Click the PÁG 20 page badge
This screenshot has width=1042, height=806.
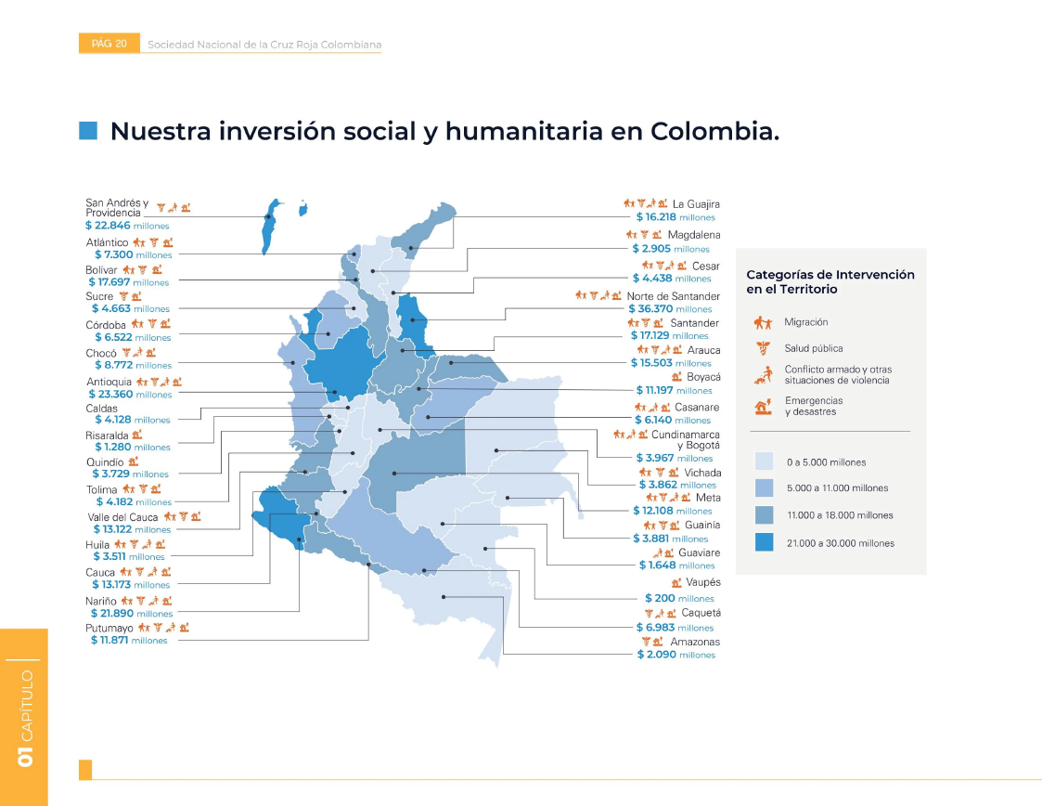[109, 44]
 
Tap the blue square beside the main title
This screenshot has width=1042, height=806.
[88, 131]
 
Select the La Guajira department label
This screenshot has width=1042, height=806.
[696, 204]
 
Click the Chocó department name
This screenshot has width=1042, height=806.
[100, 354]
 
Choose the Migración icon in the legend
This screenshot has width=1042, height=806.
[763, 323]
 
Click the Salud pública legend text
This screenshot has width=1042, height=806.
[813, 348]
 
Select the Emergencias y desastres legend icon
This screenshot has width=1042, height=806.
[763, 406]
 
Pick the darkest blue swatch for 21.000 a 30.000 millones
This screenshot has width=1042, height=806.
[764, 542]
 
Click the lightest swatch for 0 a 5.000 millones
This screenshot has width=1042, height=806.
[764, 461]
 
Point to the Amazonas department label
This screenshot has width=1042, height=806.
[694, 642]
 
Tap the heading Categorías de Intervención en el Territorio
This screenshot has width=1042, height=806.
[830, 281]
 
